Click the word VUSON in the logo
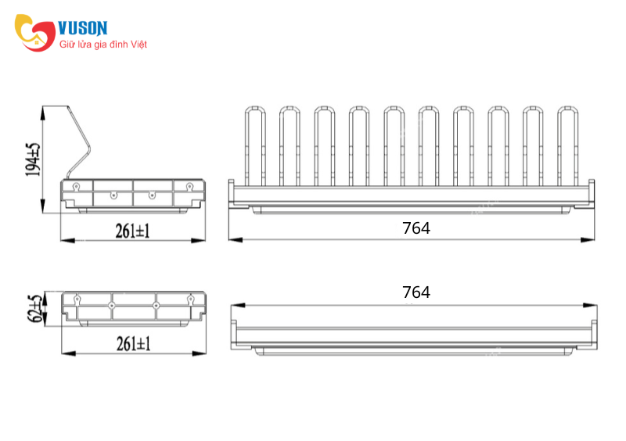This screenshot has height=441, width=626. point(83,28)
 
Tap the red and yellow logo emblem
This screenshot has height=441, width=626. point(35,33)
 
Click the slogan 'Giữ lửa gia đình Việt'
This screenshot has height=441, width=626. point(103,45)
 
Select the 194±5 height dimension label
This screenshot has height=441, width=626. point(33,160)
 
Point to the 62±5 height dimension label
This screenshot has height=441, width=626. point(34,308)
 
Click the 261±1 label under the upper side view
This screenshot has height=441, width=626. point(132,231)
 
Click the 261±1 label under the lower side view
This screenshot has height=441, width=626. point(133,343)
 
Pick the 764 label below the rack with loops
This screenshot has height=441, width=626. point(416,228)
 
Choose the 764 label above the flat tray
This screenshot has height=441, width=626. point(416,292)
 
